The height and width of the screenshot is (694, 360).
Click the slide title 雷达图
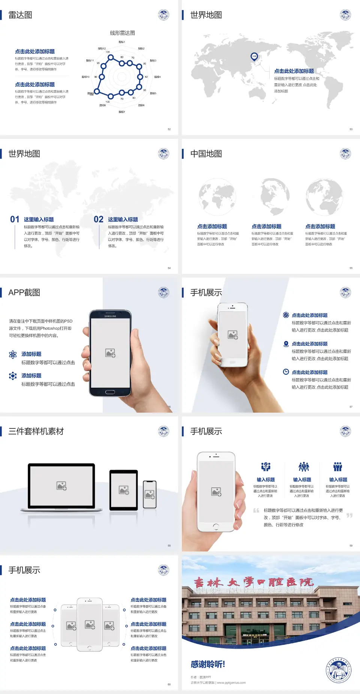click(x=20, y=15)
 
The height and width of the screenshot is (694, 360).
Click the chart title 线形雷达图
click(x=122, y=33)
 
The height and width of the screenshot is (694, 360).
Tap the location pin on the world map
click(x=254, y=57)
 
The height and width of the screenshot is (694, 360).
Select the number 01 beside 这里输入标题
click(x=15, y=219)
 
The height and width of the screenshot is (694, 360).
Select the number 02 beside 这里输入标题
click(x=99, y=219)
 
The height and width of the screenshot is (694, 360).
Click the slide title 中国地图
click(x=206, y=154)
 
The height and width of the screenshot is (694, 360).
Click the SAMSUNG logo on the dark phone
click(x=110, y=316)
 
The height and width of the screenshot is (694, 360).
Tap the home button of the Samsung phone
click(x=110, y=392)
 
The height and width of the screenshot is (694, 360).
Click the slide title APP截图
click(x=24, y=293)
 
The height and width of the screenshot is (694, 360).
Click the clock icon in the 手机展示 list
click(x=286, y=372)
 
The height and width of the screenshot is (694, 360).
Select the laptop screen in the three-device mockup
click(x=61, y=486)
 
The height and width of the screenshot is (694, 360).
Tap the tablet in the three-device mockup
click(x=124, y=490)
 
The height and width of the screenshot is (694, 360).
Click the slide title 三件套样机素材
click(x=36, y=431)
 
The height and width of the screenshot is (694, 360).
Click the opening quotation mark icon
click(x=256, y=510)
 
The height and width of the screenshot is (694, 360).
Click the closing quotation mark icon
click(x=349, y=515)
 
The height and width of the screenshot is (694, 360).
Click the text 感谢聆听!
click(x=208, y=664)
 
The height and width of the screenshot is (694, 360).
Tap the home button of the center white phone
click(x=89, y=648)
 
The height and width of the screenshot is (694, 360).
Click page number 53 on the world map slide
click(x=351, y=129)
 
